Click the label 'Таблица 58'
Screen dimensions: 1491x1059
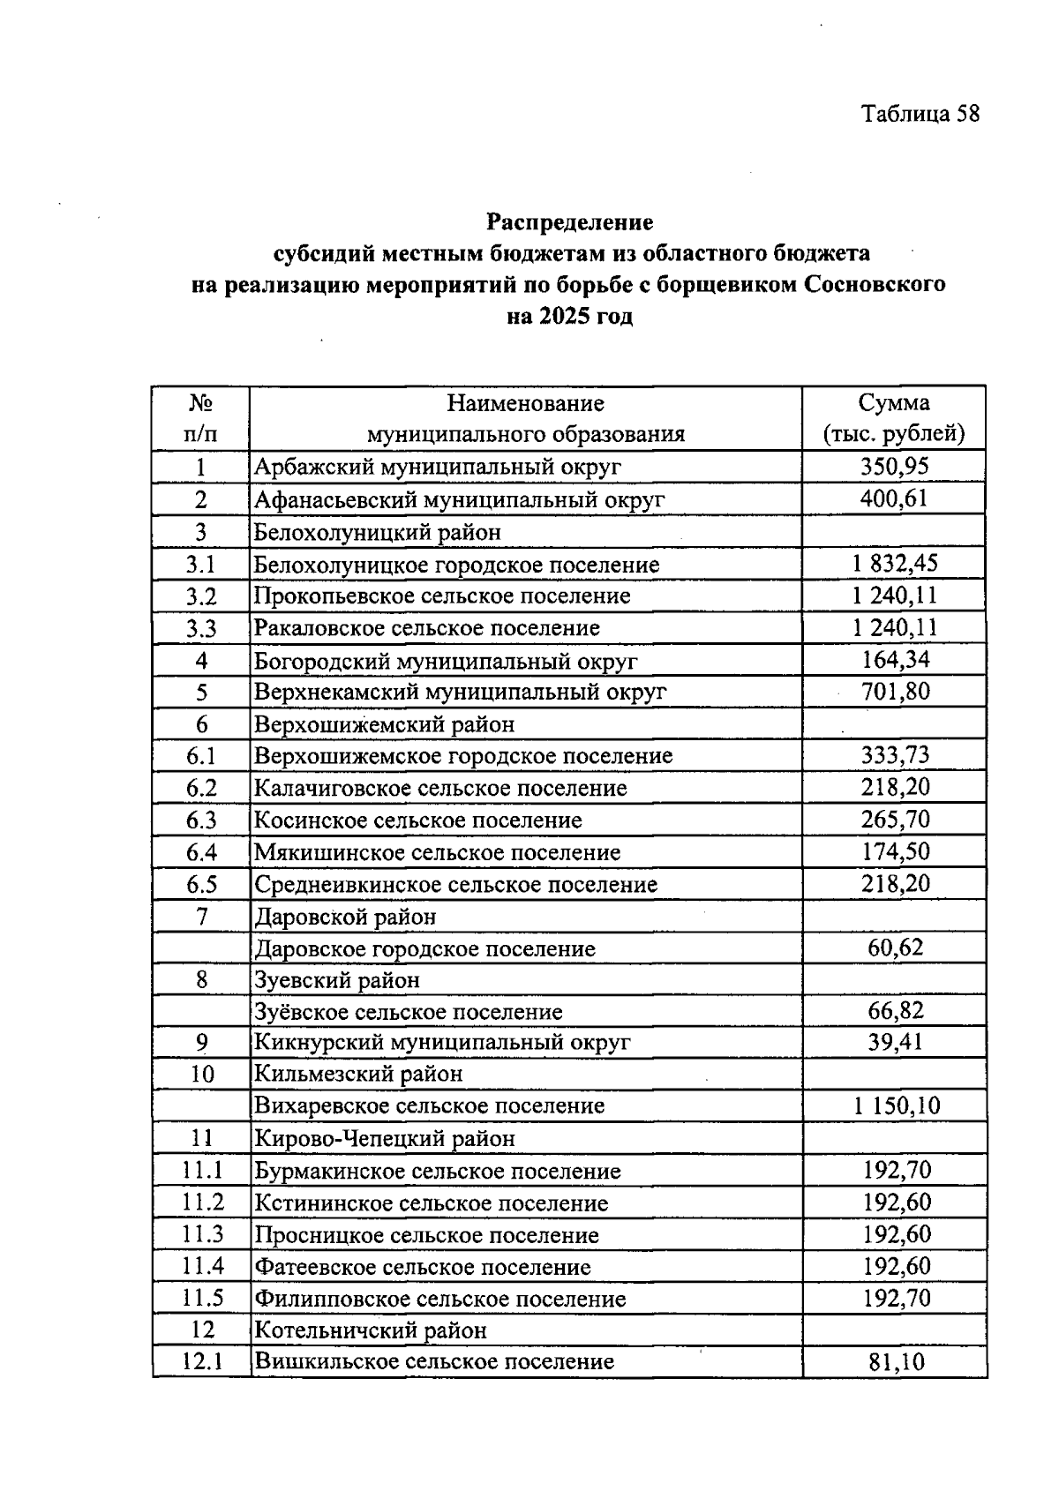(920, 114)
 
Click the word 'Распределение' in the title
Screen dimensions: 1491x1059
(569, 221)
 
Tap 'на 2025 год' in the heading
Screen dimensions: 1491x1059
(569, 316)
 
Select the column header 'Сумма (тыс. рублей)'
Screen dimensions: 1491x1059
(893, 418)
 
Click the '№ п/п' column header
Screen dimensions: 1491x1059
(200, 418)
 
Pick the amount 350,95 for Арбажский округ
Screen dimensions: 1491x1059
(894, 466)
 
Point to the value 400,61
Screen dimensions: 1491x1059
(894, 499)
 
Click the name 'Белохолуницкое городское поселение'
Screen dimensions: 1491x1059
(456, 565)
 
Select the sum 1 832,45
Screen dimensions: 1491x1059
(894, 564)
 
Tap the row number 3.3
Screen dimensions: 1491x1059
(201, 629)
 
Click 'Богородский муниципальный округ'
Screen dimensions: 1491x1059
(446, 661)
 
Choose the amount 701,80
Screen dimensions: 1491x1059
(895, 692)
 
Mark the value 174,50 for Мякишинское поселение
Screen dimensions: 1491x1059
(895, 852)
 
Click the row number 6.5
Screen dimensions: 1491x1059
(201, 884)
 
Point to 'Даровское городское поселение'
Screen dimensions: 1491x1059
(424, 949)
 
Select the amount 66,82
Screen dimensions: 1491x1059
(895, 1011)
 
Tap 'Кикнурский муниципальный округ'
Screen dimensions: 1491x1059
(442, 1043)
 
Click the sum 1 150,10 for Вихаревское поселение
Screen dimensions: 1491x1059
(895, 1105)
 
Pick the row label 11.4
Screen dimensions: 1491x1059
(202, 1267)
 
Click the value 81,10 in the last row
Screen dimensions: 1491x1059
(895, 1362)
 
